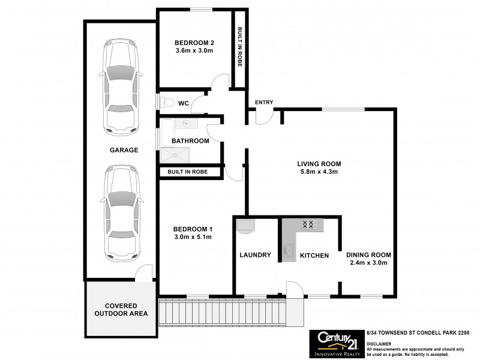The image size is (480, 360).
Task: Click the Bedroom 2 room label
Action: [x=194, y=43]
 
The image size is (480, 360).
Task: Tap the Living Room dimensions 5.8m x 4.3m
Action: [x=319, y=172]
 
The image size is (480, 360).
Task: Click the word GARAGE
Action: [x=124, y=150]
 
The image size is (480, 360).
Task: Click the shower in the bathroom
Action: [x=174, y=156]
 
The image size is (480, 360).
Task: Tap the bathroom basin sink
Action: [x=187, y=124]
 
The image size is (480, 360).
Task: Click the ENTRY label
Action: [x=264, y=103]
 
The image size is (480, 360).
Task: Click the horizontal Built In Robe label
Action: [x=188, y=172]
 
